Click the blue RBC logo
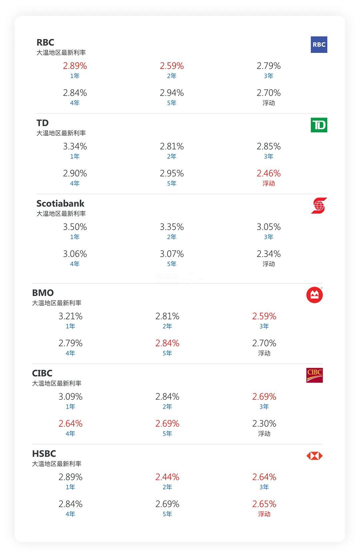[x=319, y=45]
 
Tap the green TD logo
[x=319, y=125]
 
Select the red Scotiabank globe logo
[x=319, y=205]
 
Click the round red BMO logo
[x=314, y=295]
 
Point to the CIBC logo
[x=314, y=375]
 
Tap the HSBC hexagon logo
[x=314, y=456]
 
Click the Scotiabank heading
[x=60, y=203]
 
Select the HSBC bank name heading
[x=44, y=454]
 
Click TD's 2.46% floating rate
[x=268, y=173]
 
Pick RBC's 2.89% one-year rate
[x=75, y=66]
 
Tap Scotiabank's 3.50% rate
[x=75, y=227]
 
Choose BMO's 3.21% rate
[x=70, y=316]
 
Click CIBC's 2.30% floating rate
[x=264, y=424]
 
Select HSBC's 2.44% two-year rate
[x=167, y=477]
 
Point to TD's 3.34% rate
[x=75, y=146]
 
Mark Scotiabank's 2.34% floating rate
[x=268, y=254]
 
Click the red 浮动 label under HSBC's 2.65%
[x=264, y=514]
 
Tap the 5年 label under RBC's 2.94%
[x=172, y=103]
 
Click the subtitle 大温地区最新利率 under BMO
[x=57, y=303]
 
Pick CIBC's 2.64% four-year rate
[x=70, y=424]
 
